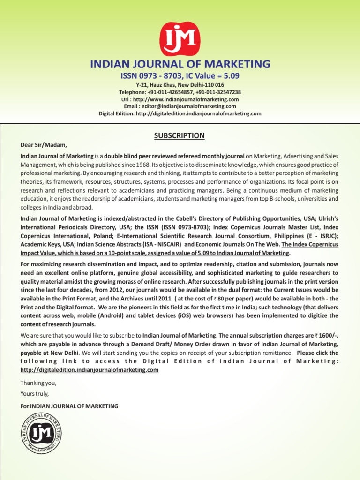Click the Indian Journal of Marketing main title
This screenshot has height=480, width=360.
point(180,64)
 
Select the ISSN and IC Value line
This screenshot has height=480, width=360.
point(180,75)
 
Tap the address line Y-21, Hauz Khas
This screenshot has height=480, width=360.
point(180,85)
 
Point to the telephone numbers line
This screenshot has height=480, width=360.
point(180,92)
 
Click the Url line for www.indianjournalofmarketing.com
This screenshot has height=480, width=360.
point(180,99)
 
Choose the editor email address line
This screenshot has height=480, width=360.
point(180,106)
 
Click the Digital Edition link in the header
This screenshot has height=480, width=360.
point(180,113)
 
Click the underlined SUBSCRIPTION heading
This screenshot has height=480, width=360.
point(180,136)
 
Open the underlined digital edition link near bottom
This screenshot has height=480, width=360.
point(90,370)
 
